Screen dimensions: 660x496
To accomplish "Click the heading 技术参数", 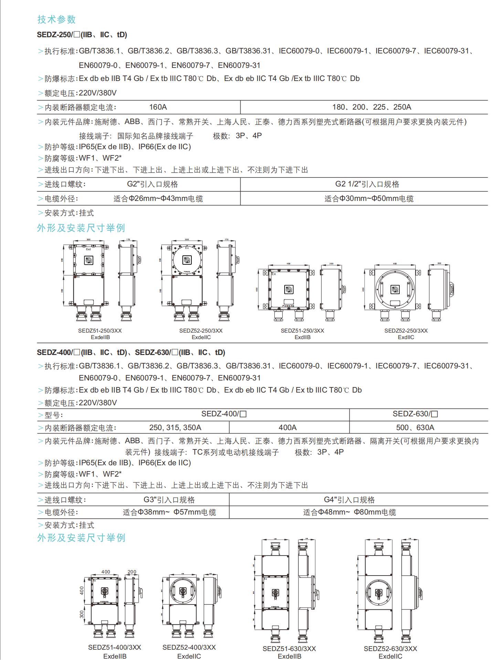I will click(56, 19).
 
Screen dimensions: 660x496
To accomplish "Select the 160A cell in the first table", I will click(158, 107).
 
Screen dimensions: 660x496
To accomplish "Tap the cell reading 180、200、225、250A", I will click(372, 107).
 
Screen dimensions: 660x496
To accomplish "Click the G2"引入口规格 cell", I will click(152, 184).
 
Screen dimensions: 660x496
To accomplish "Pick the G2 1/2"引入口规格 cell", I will click(367, 184).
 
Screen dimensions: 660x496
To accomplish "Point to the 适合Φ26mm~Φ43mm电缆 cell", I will click(158, 199).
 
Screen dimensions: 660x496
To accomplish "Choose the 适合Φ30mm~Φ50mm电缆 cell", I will click(369, 199).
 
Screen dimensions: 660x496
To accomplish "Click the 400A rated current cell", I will click(288, 428).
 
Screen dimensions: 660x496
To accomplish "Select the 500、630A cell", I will click(415, 428).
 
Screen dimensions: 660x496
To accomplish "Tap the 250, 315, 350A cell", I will click(175, 428).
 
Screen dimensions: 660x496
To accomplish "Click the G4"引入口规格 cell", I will click(349, 500).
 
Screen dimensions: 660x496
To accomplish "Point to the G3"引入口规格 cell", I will click(169, 500).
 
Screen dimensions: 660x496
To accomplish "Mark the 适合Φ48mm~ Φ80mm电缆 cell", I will click(349, 512).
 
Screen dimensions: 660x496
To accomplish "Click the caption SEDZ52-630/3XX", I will click(390, 649).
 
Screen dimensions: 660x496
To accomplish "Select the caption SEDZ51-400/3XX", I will click(115, 647).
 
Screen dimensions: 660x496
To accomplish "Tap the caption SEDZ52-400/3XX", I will click(189, 647).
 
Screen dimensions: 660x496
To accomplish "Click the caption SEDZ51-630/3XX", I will click(289, 649).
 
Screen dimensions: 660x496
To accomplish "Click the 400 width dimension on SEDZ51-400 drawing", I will click(106, 572).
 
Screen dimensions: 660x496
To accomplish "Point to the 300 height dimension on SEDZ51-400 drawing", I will click(82, 615).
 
